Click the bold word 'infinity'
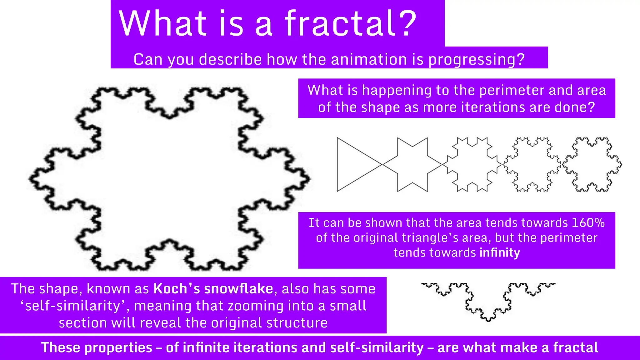pyautogui.click(x=500, y=252)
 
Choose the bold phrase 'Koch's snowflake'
pyautogui.click(x=213, y=289)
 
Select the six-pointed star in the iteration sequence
pyautogui.click(x=412, y=164)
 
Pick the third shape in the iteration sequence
pyautogui.click(x=472, y=164)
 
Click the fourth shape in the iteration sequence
pyautogui.click(x=532, y=164)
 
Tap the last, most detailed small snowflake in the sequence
pyautogui.click(x=592, y=164)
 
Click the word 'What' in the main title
pyautogui.click(x=163, y=23)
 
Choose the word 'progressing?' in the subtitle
pyautogui.click(x=476, y=59)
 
